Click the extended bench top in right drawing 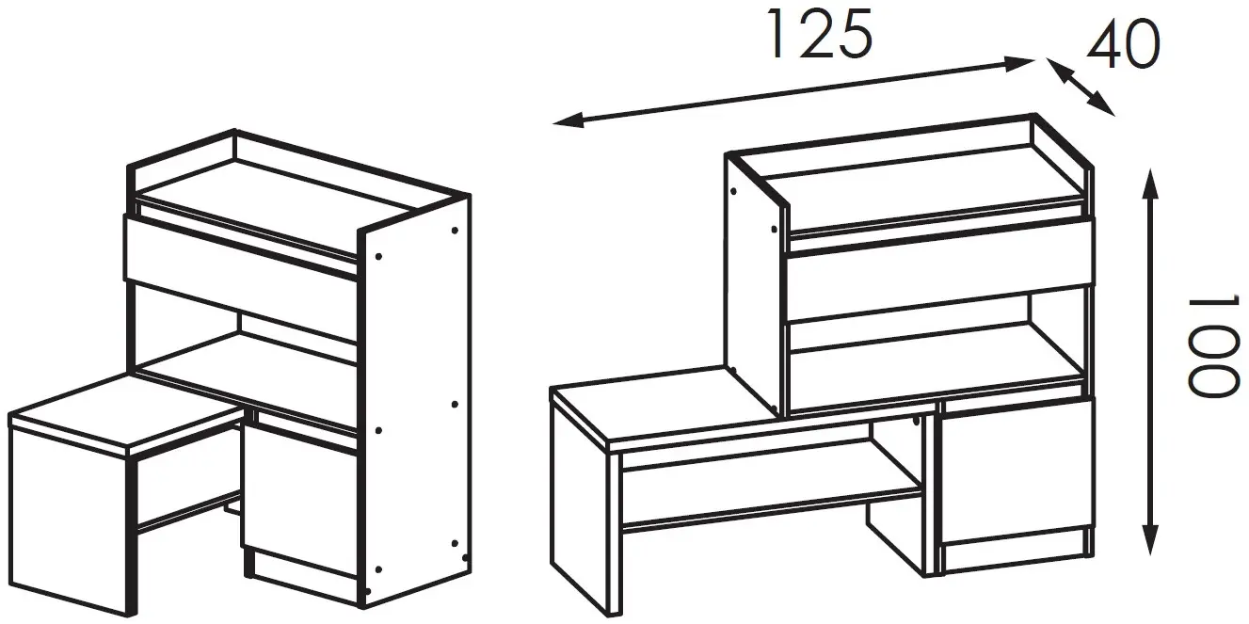click(659, 405)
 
